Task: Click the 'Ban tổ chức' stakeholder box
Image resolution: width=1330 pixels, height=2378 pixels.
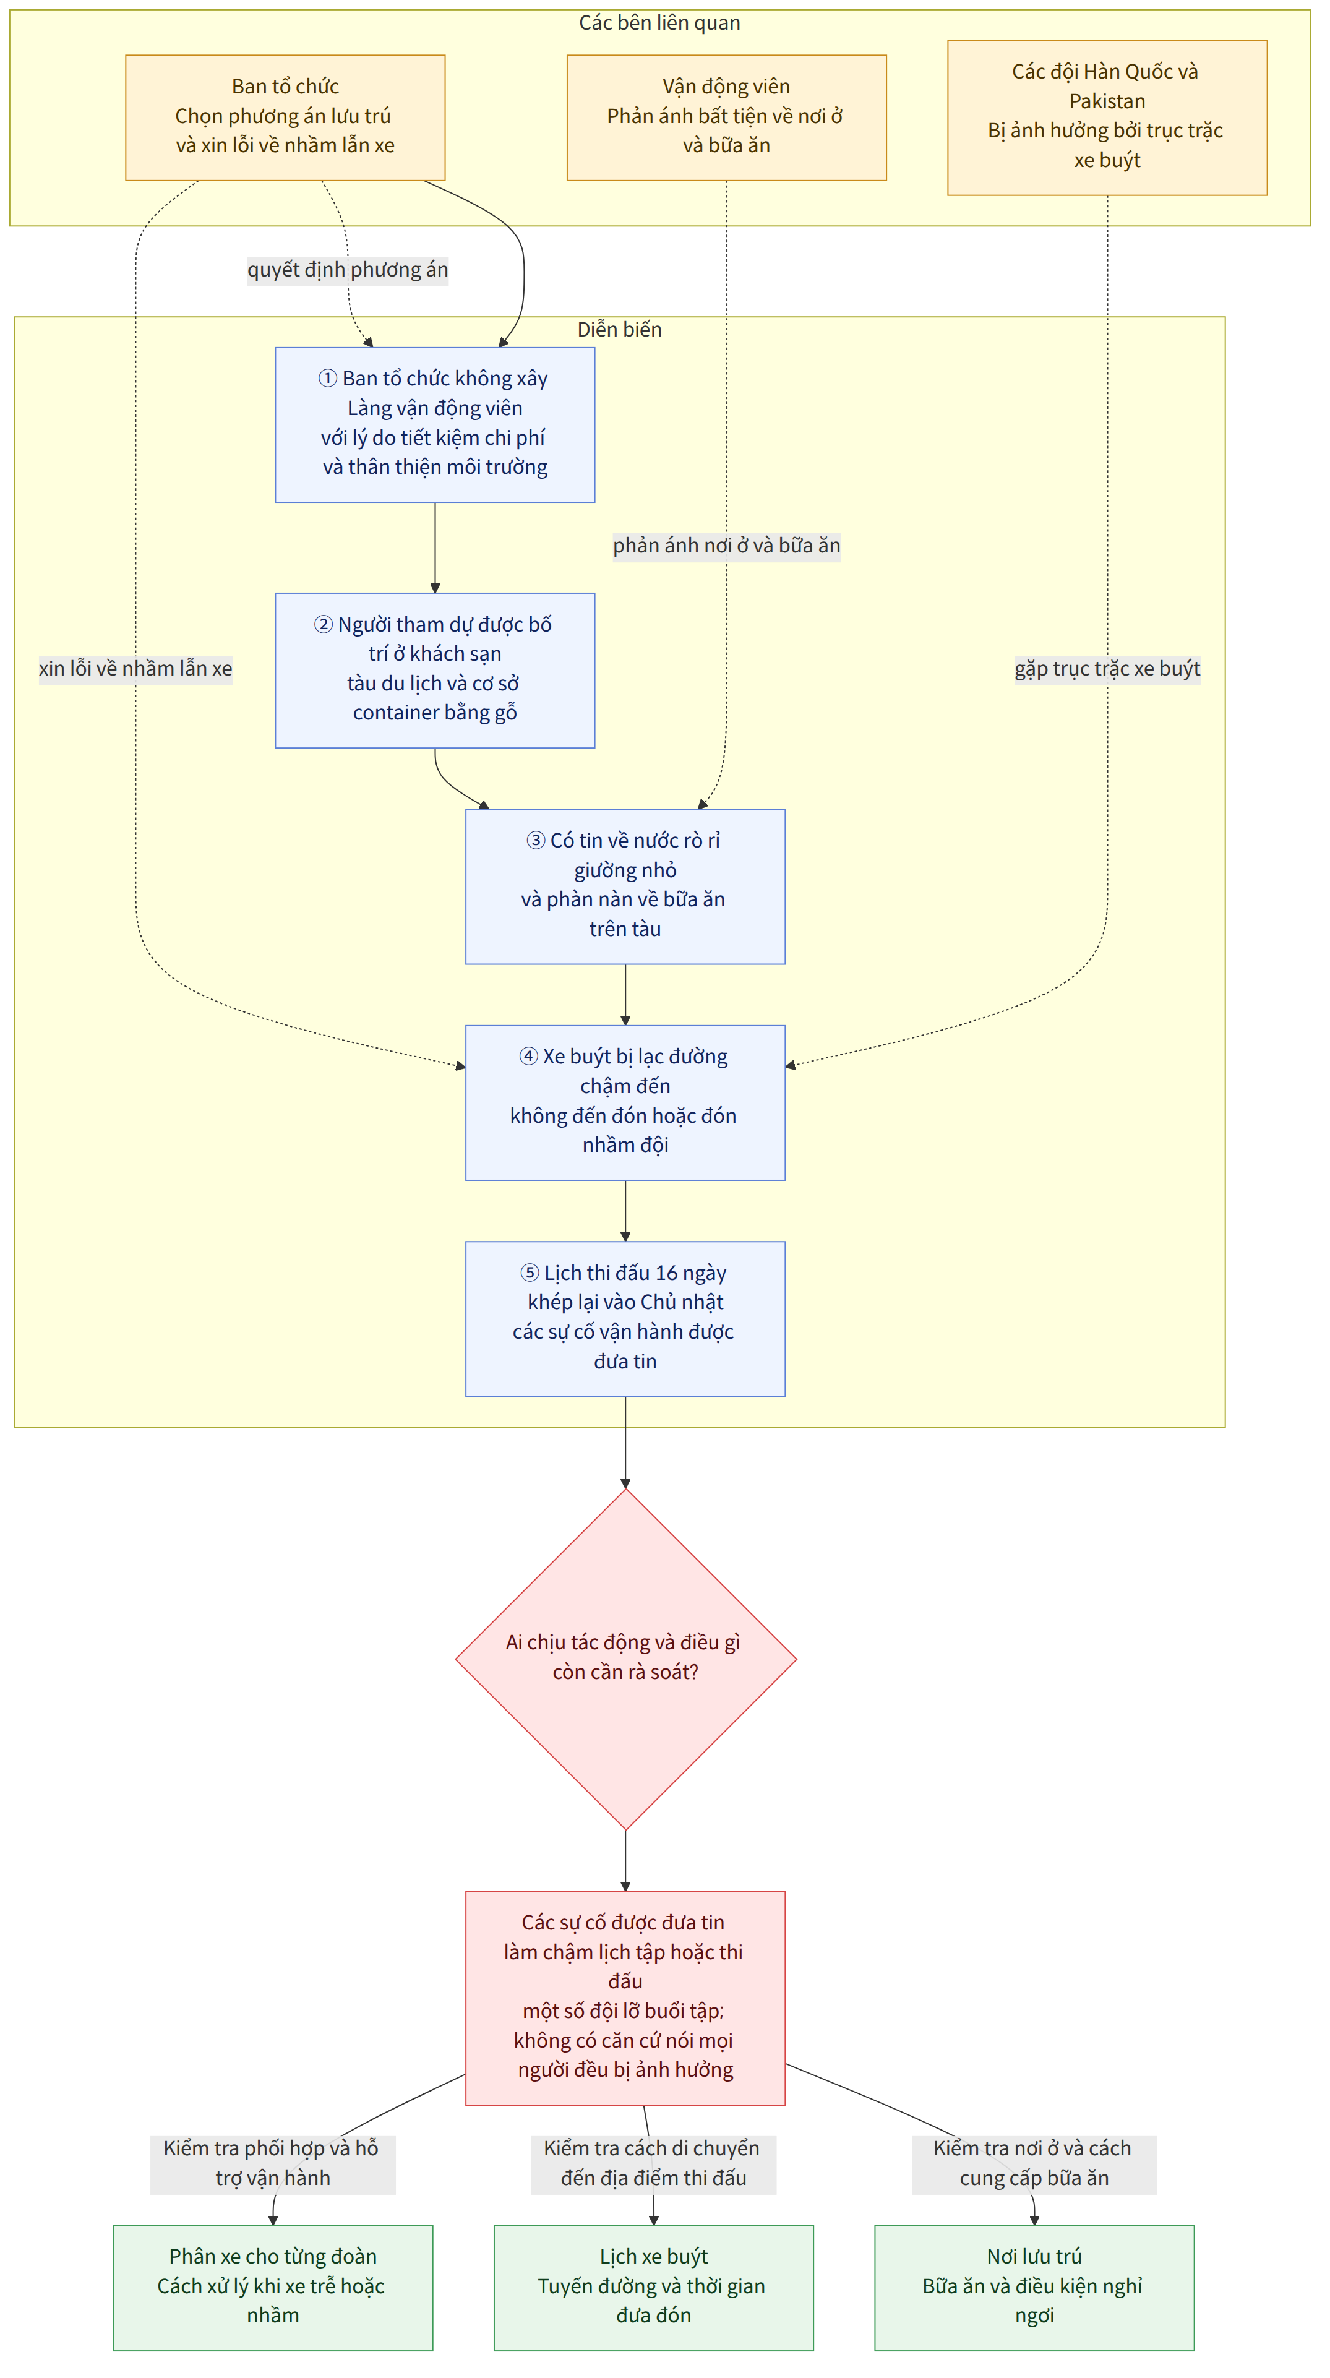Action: point(285,118)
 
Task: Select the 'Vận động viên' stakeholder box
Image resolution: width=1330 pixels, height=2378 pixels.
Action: point(726,118)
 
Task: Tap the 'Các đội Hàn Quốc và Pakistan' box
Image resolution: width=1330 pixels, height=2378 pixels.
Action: point(1107,118)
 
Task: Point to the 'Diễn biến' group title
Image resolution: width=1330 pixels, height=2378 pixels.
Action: point(619,330)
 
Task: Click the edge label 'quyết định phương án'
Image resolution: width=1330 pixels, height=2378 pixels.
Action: point(348,270)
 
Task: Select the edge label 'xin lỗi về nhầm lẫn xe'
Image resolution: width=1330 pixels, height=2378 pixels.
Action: point(135,668)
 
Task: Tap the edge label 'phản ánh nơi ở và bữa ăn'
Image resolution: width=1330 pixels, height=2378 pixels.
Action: point(726,546)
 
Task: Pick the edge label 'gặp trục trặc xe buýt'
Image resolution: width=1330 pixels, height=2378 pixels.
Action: point(1107,668)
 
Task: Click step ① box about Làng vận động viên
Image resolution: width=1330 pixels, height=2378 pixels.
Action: point(435,424)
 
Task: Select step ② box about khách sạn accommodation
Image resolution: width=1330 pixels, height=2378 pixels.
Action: point(435,670)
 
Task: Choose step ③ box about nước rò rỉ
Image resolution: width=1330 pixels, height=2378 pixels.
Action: point(625,886)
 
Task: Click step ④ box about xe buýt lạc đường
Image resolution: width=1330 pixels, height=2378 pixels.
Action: point(625,1102)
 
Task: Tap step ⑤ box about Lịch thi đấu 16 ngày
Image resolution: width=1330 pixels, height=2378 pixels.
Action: point(625,1318)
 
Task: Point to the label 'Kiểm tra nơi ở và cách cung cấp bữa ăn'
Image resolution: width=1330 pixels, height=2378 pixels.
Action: point(1034,2163)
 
